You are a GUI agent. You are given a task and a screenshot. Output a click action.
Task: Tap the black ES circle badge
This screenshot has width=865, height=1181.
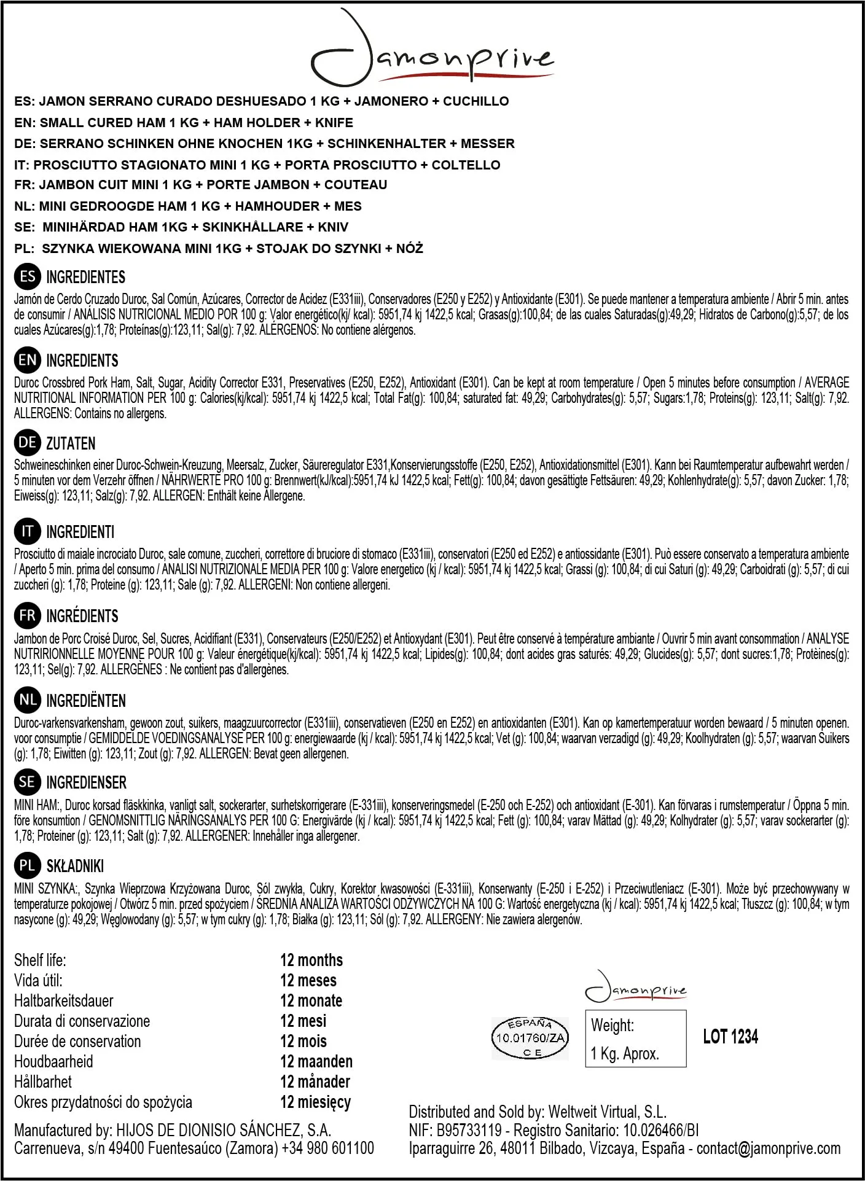pos(27,277)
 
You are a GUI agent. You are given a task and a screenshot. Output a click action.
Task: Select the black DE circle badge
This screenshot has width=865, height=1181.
pos(27,443)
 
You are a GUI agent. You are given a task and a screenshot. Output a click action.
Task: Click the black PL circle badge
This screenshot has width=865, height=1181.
pos(27,866)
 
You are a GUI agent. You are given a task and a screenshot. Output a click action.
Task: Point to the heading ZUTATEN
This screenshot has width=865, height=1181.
pos(71,443)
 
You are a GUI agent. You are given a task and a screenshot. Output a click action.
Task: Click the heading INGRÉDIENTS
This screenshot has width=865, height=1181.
pos(82,616)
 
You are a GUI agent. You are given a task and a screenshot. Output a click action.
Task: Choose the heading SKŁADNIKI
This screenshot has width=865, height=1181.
pos(75,866)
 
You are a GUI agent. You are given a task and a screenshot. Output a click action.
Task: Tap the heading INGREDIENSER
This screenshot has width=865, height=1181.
pos(86,782)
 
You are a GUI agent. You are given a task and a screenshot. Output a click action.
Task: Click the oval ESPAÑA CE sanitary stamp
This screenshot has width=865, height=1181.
pos(530,1038)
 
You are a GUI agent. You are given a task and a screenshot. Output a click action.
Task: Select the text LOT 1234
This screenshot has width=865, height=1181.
pos(730,1037)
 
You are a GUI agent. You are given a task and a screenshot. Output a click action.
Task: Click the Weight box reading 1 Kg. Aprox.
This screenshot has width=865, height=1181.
pos(635,1039)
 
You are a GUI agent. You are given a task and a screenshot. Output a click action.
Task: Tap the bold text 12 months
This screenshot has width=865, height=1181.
pos(311,960)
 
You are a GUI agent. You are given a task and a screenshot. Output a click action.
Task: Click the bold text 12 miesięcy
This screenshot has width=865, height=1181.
pos(315,1102)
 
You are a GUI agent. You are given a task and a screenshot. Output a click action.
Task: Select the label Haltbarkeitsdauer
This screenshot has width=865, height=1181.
pos(64,1000)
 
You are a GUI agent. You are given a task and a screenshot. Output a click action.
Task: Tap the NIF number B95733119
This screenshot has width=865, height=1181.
pos(469,1130)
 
